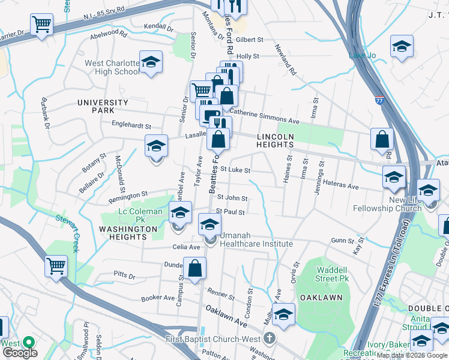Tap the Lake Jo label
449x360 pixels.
[363, 56]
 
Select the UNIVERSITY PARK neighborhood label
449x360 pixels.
[103, 107]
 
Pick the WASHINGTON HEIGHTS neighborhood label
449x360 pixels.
[128, 233]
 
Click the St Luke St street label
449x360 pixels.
[234, 170]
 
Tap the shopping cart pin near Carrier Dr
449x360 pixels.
[42, 25]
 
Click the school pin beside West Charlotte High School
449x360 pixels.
[151, 62]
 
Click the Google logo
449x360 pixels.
[20, 353]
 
